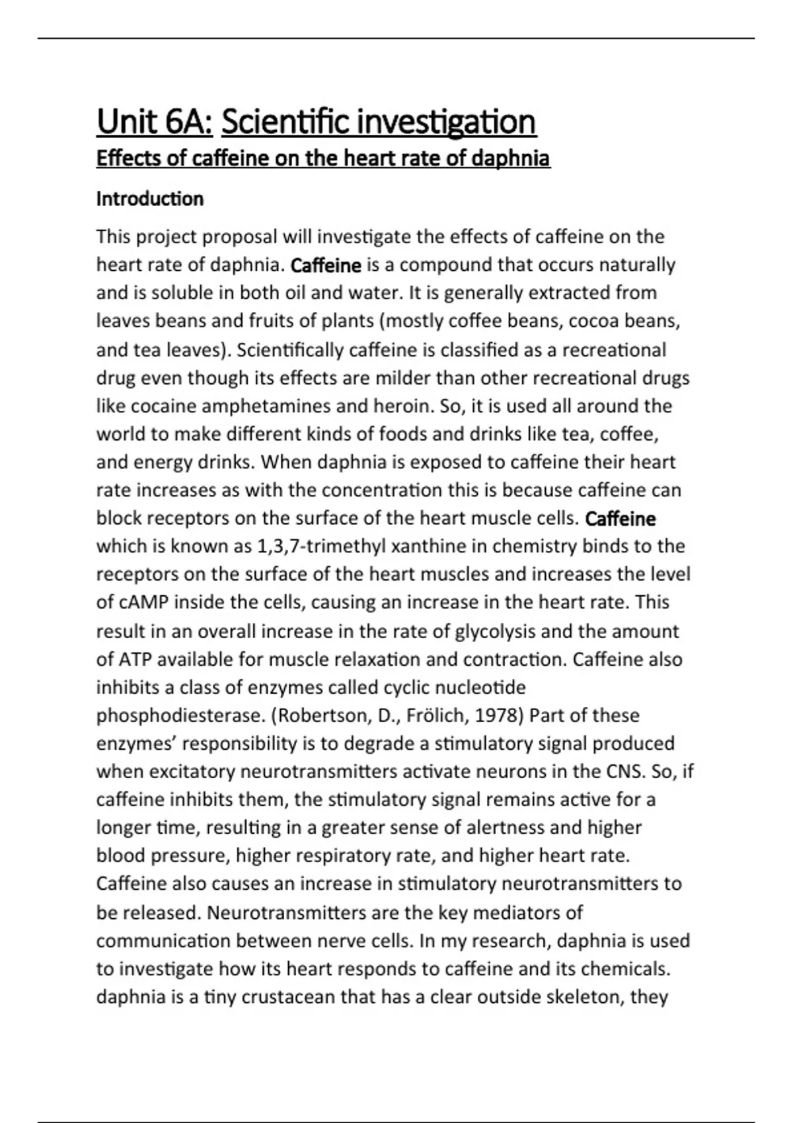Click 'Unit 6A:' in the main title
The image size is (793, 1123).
(155, 122)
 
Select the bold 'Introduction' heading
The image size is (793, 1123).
(150, 199)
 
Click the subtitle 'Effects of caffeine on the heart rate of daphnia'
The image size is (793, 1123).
(323, 159)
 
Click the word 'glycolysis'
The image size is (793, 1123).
(496, 632)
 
